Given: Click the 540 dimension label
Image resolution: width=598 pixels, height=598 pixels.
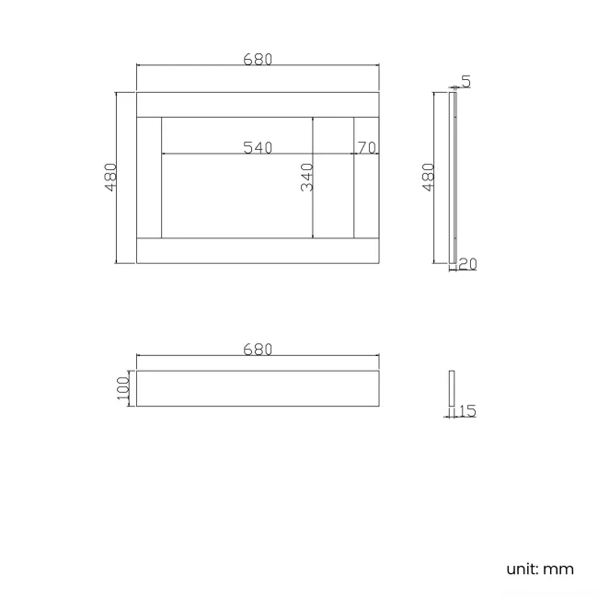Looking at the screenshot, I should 258,147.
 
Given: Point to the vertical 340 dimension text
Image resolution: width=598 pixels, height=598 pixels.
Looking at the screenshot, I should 307,177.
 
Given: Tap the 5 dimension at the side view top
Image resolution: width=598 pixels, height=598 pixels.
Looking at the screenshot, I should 466,82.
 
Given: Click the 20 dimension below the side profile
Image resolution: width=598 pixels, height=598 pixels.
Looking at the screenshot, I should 467,264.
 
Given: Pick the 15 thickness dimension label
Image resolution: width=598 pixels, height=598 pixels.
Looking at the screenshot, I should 466,411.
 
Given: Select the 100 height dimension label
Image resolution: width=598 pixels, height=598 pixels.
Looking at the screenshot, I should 123,388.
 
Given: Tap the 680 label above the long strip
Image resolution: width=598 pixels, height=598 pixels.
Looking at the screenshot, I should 258,350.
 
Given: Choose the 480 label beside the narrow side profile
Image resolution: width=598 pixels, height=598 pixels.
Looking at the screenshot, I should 427,177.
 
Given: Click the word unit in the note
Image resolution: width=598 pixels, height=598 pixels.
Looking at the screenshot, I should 522,569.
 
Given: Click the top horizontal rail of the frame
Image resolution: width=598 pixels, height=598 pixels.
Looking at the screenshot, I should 258,104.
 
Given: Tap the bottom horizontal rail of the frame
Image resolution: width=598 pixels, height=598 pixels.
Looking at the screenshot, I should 258,251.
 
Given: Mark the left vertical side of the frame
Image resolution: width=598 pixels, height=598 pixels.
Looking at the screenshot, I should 149,178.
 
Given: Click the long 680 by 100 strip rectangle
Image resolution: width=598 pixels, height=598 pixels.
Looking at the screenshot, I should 258,388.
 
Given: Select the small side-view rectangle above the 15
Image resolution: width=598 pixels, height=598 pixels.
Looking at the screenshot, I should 451,388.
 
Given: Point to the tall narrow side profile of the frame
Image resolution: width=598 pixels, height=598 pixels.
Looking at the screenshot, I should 452,178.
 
